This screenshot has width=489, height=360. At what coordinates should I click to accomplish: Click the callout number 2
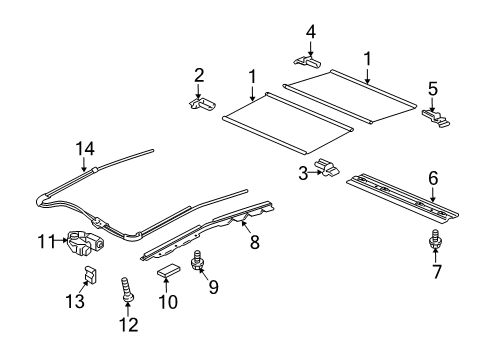pyautogui.click(x=198, y=74)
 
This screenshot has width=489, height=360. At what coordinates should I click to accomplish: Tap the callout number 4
pyautogui.click(x=311, y=31)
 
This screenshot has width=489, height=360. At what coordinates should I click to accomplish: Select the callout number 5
pyautogui.click(x=432, y=88)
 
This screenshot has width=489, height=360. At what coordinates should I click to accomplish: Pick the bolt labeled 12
pyautogui.click(x=127, y=296)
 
